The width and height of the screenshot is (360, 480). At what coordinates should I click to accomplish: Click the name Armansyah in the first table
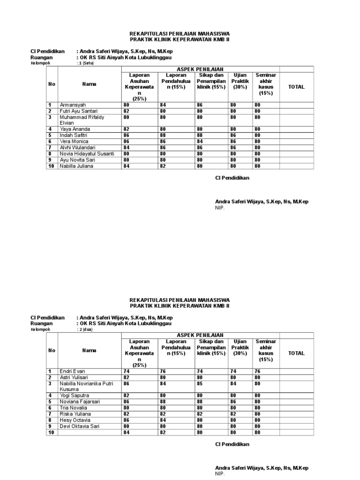coord(73,105)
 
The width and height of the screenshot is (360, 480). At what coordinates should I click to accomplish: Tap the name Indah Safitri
coord(74,135)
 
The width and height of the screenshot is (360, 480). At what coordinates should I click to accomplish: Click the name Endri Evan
coord(72,371)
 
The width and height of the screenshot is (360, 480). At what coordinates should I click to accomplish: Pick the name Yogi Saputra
coord(74,396)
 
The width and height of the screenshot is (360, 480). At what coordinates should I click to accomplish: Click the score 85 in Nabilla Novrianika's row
coord(200,383)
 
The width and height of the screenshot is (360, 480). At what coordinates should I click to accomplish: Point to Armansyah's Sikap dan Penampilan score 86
coord(200,105)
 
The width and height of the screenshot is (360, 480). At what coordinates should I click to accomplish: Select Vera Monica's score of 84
coord(200,141)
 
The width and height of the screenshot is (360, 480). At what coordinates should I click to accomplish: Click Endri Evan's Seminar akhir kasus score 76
coord(257,371)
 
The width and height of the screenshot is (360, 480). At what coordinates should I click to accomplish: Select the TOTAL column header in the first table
coord(296,87)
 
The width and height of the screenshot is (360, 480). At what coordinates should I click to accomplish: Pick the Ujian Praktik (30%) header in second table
coord(240,350)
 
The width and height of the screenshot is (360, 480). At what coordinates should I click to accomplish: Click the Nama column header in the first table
coord(89,84)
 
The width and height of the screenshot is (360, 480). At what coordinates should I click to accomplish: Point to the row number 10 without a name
coord(51,432)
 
